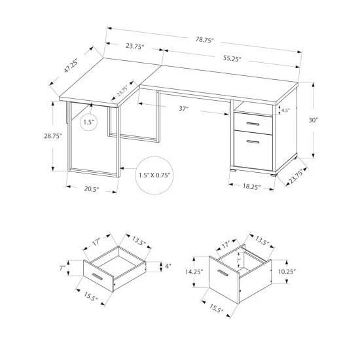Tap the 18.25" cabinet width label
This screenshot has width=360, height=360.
(251, 187)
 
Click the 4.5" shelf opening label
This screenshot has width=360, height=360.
(285, 109)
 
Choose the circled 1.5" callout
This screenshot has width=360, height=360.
(89, 122)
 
